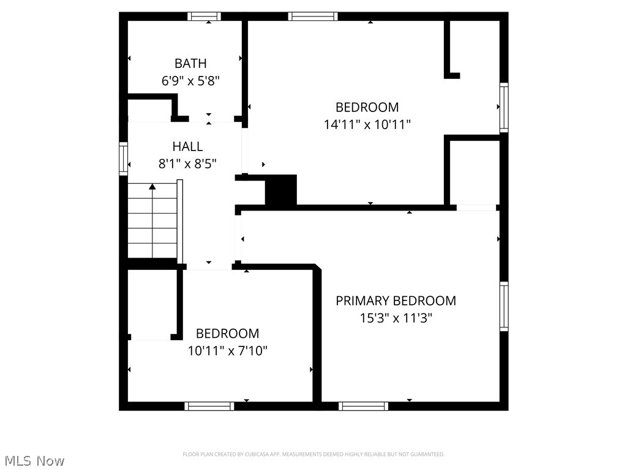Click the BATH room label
(190, 63)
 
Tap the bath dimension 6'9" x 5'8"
(190, 80)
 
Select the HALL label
(187, 146)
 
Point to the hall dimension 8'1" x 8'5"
(187, 163)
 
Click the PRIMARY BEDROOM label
(396, 300)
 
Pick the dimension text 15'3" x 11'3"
(396, 318)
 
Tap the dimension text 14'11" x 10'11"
(367, 124)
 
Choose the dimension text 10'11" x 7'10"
(227, 351)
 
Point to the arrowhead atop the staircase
(152, 186)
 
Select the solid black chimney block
(281, 190)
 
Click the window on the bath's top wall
(205, 17)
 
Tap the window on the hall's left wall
(123, 159)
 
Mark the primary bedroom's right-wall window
(504, 306)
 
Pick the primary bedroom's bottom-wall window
(363, 406)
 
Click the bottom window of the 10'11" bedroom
(209, 406)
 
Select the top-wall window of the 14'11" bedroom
(313, 17)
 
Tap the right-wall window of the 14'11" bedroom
(504, 107)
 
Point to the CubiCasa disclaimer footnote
(313, 454)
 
